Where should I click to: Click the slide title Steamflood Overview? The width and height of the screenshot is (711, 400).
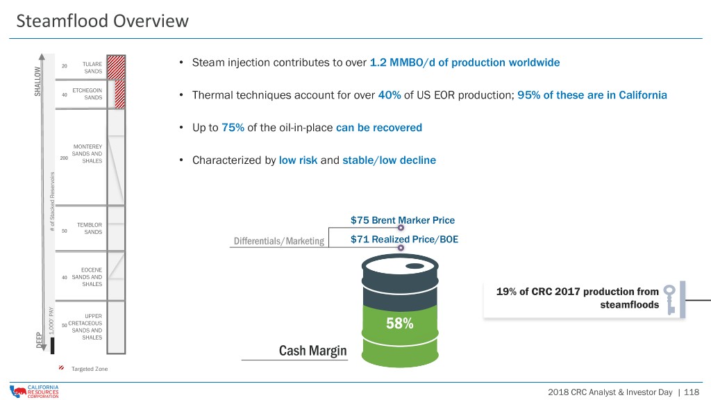click(103, 21)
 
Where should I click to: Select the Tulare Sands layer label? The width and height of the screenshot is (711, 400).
click(92, 67)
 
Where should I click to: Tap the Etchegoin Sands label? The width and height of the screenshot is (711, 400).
click(87, 94)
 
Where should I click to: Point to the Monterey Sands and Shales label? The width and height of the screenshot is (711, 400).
click(87, 153)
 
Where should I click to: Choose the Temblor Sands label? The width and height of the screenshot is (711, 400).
click(90, 228)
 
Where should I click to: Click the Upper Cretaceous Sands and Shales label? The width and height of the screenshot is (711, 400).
click(85, 326)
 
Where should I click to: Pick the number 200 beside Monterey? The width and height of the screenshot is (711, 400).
click(64, 158)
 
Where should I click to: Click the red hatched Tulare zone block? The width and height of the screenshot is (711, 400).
click(116, 67)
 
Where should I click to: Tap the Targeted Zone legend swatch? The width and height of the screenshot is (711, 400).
click(61, 368)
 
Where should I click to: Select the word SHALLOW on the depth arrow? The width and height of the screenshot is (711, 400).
click(37, 81)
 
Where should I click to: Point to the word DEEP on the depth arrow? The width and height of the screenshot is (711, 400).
click(39, 340)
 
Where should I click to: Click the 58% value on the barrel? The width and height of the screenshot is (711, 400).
click(399, 324)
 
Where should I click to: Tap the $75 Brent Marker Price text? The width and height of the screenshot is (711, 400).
click(402, 220)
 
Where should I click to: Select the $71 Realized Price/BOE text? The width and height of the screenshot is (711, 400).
click(404, 239)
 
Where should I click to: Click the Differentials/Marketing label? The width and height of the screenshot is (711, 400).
click(279, 241)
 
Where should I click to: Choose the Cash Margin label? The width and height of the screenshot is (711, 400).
click(312, 351)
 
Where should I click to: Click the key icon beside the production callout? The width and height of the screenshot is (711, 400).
click(670, 299)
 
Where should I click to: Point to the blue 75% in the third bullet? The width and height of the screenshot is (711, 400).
click(233, 128)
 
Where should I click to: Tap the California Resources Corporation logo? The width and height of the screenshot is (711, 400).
click(34, 392)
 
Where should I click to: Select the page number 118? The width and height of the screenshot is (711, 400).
click(692, 392)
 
